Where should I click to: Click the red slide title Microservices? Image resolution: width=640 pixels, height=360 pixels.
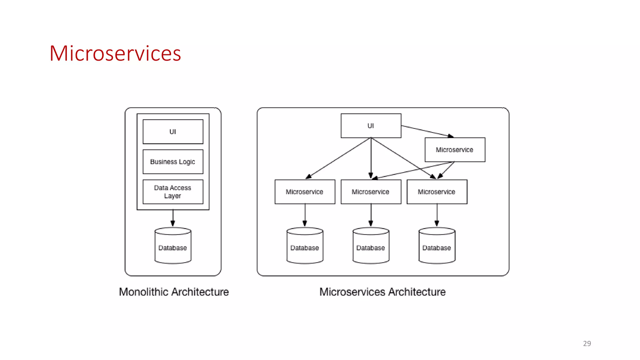(x=115, y=53)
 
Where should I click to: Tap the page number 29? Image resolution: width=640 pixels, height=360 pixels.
(x=587, y=343)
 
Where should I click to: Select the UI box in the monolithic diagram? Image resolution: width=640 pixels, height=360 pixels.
(x=173, y=132)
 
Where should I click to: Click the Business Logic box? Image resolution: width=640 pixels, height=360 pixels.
(x=173, y=162)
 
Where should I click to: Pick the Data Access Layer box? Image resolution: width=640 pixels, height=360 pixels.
(x=173, y=192)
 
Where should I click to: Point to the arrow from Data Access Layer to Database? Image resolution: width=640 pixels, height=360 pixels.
(x=173, y=218)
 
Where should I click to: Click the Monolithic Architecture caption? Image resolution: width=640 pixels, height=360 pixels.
(x=174, y=292)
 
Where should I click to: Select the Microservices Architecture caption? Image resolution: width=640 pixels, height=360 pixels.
(x=382, y=292)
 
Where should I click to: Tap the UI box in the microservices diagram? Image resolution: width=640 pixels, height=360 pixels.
(x=371, y=126)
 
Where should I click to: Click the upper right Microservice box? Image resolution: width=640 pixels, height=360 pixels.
(x=455, y=150)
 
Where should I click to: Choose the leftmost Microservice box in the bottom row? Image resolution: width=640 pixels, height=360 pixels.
(x=305, y=192)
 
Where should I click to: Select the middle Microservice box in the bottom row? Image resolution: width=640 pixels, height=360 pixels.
(x=371, y=192)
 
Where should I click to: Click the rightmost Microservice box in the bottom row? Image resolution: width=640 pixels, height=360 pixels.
(x=437, y=192)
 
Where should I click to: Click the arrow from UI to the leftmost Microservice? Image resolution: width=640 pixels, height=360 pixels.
(x=338, y=158)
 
